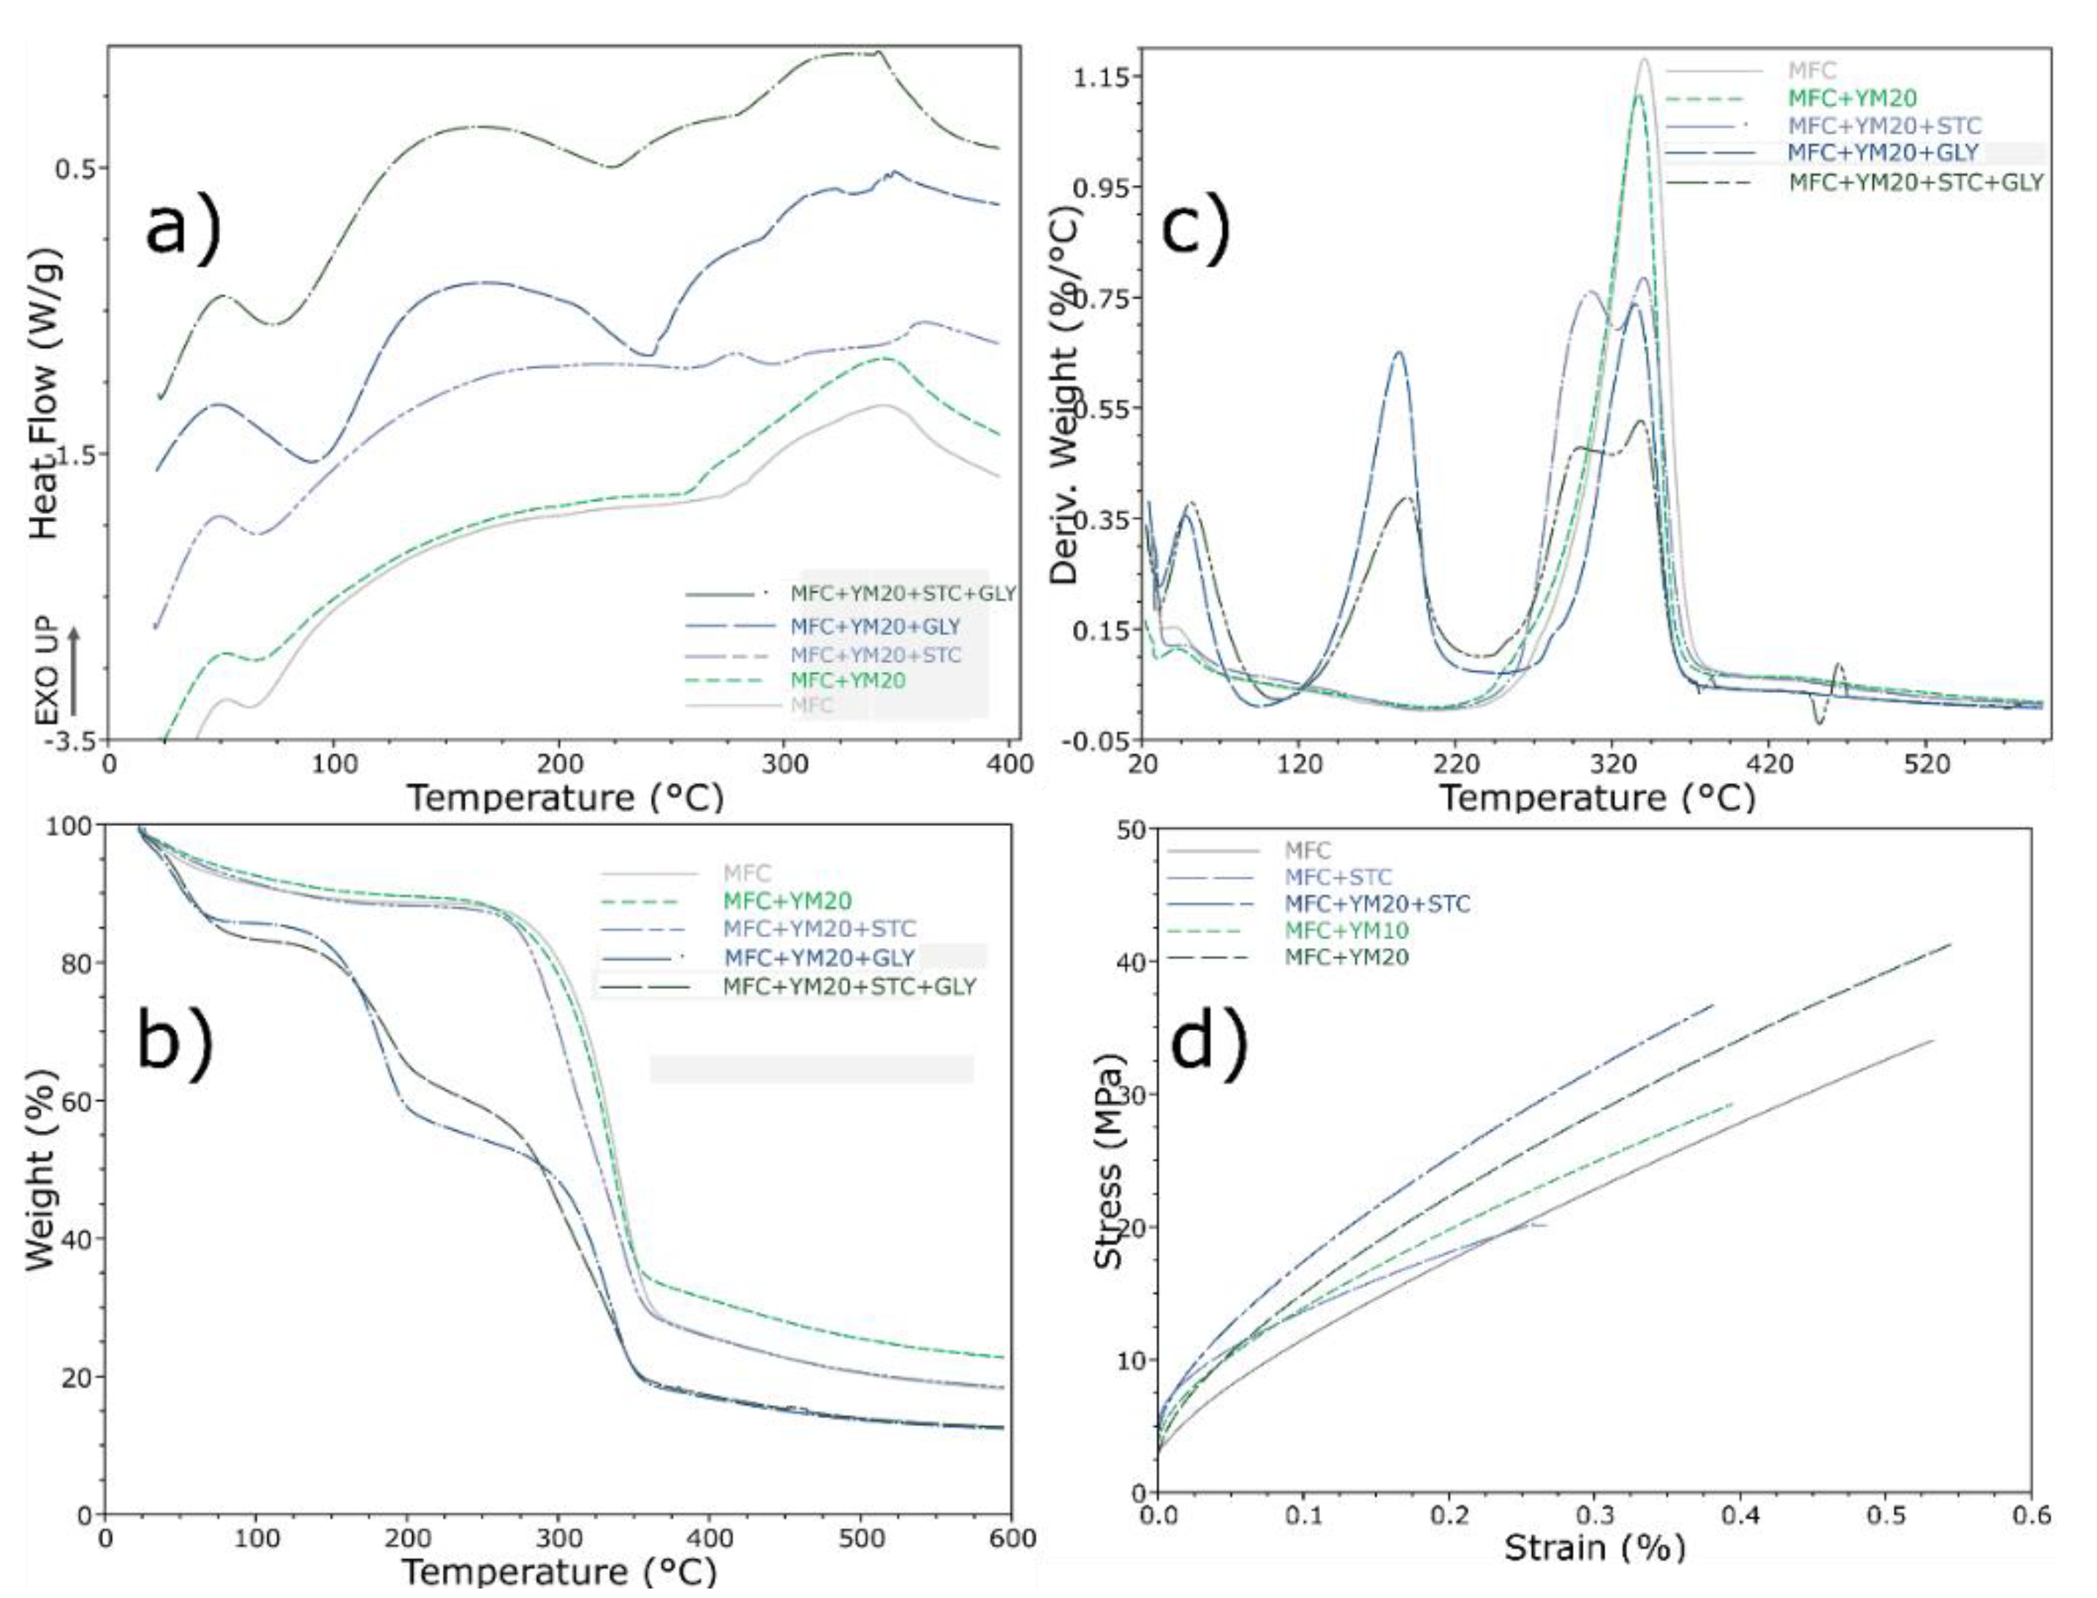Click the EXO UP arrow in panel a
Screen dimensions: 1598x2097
coord(74,670)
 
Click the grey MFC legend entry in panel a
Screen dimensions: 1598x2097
coord(811,705)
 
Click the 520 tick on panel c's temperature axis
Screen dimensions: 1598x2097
coord(1926,765)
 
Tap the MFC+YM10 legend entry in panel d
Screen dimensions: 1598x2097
coord(1346,931)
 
